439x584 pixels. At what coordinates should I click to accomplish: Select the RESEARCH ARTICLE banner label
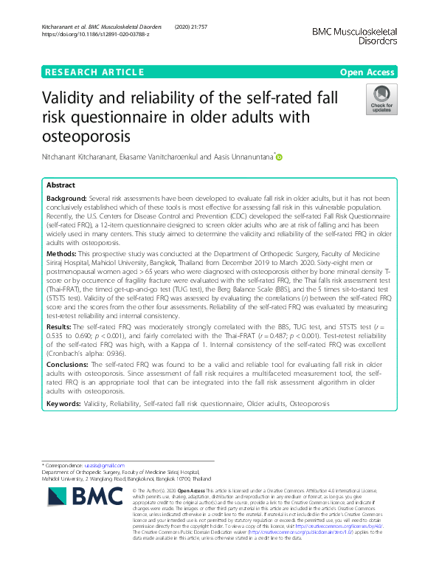pyautogui.click(x=94, y=72)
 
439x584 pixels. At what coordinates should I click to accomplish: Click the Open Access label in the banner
pyautogui.click(x=367, y=72)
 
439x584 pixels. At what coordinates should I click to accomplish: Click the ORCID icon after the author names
pyautogui.click(x=280, y=157)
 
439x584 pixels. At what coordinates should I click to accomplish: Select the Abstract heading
pyautogui.click(x=62, y=185)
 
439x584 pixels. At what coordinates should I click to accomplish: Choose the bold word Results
pyautogui.click(x=60, y=304)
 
